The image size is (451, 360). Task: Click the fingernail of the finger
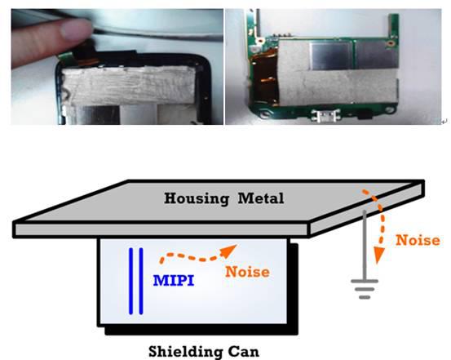(x=76, y=29)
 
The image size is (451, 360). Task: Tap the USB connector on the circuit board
(x=325, y=116)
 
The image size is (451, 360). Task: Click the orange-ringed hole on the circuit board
(x=391, y=44)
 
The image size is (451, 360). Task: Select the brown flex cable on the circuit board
(x=264, y=78)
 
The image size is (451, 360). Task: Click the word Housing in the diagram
(x=197, y=198)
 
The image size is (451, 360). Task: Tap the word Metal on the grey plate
(x=261, y=198)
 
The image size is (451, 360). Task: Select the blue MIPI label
(x=174, y=281)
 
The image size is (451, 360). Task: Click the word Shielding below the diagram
(x=184, y=352)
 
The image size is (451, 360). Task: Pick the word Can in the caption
(x=244, y=351)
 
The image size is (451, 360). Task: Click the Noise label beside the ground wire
(x=418, y=240)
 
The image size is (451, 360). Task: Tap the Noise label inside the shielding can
(x=247, y=272)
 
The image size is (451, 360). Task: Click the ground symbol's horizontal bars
(x=365, y=289)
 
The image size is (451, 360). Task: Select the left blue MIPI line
(x=130, y=281)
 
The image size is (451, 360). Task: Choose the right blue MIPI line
(x=141, y=281)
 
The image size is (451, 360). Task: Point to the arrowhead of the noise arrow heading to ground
(x=378, y=256)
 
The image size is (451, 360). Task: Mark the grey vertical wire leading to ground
(x=365, y=245)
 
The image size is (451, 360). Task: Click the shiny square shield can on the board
(x=331, y=56)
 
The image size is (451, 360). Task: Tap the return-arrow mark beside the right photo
(x=444, y=122)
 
